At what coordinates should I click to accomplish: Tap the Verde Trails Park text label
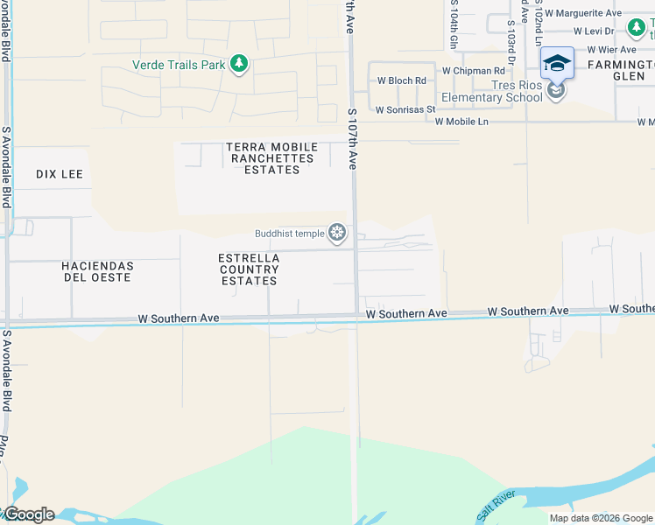179,65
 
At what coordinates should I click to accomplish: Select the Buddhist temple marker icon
337,233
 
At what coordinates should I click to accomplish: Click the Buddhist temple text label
288,233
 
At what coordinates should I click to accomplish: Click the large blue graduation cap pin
557,64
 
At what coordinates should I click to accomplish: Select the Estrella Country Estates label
250,269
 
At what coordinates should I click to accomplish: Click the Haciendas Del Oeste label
97,271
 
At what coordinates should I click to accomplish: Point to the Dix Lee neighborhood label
60,174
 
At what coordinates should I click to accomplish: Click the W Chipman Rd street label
474,70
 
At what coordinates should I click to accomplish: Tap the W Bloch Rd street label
401,80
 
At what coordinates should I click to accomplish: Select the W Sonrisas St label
405,110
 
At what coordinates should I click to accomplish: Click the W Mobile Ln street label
461,122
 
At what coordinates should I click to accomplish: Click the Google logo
28,514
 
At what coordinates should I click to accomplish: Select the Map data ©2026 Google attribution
600,518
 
